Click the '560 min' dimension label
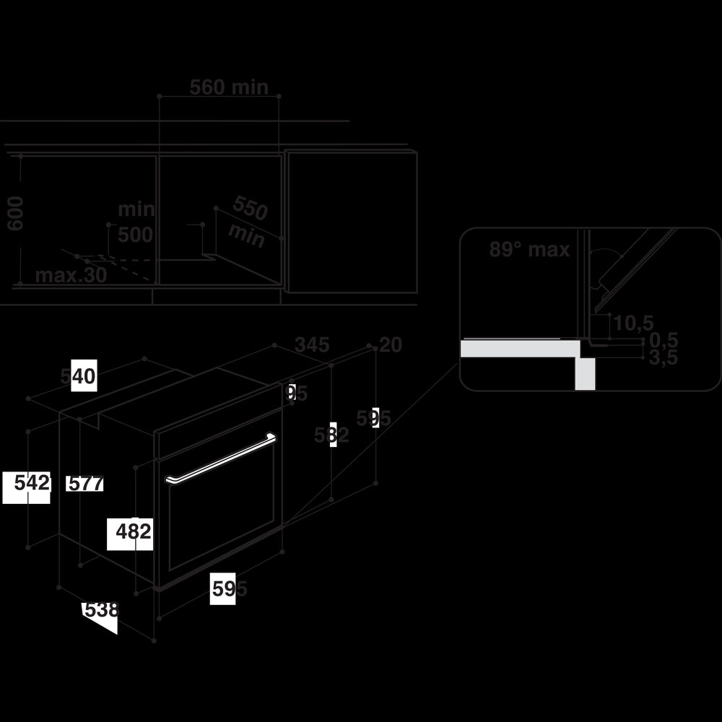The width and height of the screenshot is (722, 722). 229,87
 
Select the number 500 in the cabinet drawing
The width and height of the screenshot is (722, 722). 136,235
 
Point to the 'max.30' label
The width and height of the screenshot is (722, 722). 71,275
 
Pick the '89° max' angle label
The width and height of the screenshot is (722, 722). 529,250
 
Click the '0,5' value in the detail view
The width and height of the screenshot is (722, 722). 663,340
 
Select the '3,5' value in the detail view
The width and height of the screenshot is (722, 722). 663,357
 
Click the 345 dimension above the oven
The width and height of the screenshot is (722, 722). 313,345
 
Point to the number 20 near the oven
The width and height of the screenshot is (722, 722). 390,345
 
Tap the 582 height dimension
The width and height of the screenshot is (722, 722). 331,435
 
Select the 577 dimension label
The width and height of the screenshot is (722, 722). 84,484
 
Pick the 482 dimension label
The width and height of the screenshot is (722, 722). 134,531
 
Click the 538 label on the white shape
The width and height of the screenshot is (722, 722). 101,610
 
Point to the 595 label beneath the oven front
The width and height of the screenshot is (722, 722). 229,589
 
